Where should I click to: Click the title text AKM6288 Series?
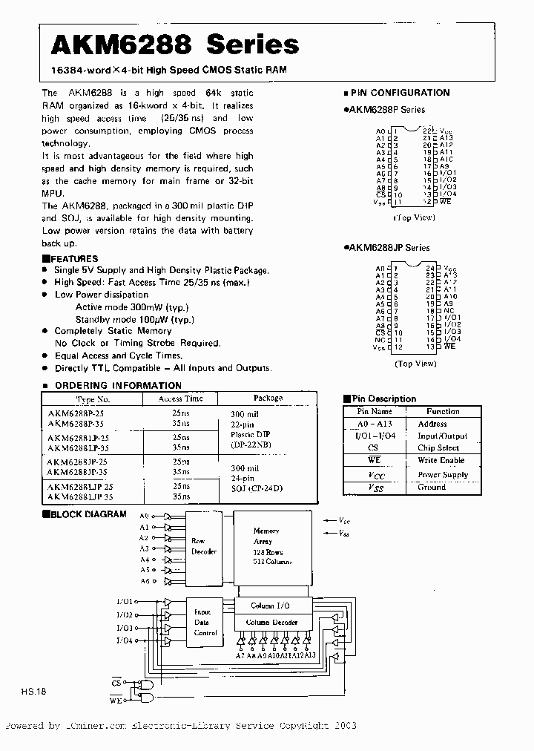(174, 45)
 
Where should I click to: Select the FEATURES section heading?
(74, 259)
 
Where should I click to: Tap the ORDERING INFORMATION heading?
(118, 385)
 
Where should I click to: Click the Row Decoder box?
(204, 546)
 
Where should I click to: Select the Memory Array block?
(266, 548)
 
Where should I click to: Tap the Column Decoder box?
(271, 622)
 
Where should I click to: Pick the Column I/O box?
(271, 606)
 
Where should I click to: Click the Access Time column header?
(180, 399)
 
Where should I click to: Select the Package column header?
(268, 399)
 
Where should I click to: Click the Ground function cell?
(432, 488)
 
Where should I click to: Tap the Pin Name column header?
(375, 411)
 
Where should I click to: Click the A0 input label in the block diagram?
(144, 516)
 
